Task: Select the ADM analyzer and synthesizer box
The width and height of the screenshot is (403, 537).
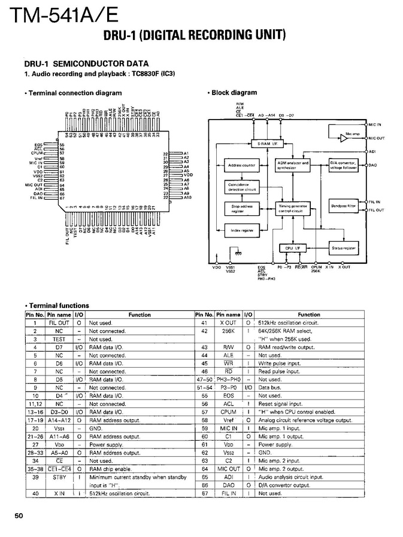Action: [293, 164]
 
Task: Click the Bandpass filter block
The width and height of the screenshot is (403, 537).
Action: [343, 206]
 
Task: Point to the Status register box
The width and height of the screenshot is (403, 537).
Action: [344, 248]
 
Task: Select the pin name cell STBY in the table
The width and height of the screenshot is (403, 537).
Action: [59, 477]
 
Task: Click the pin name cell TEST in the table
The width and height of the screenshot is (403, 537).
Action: [59, 339]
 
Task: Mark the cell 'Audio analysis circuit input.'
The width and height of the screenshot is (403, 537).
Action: [290, 477]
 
